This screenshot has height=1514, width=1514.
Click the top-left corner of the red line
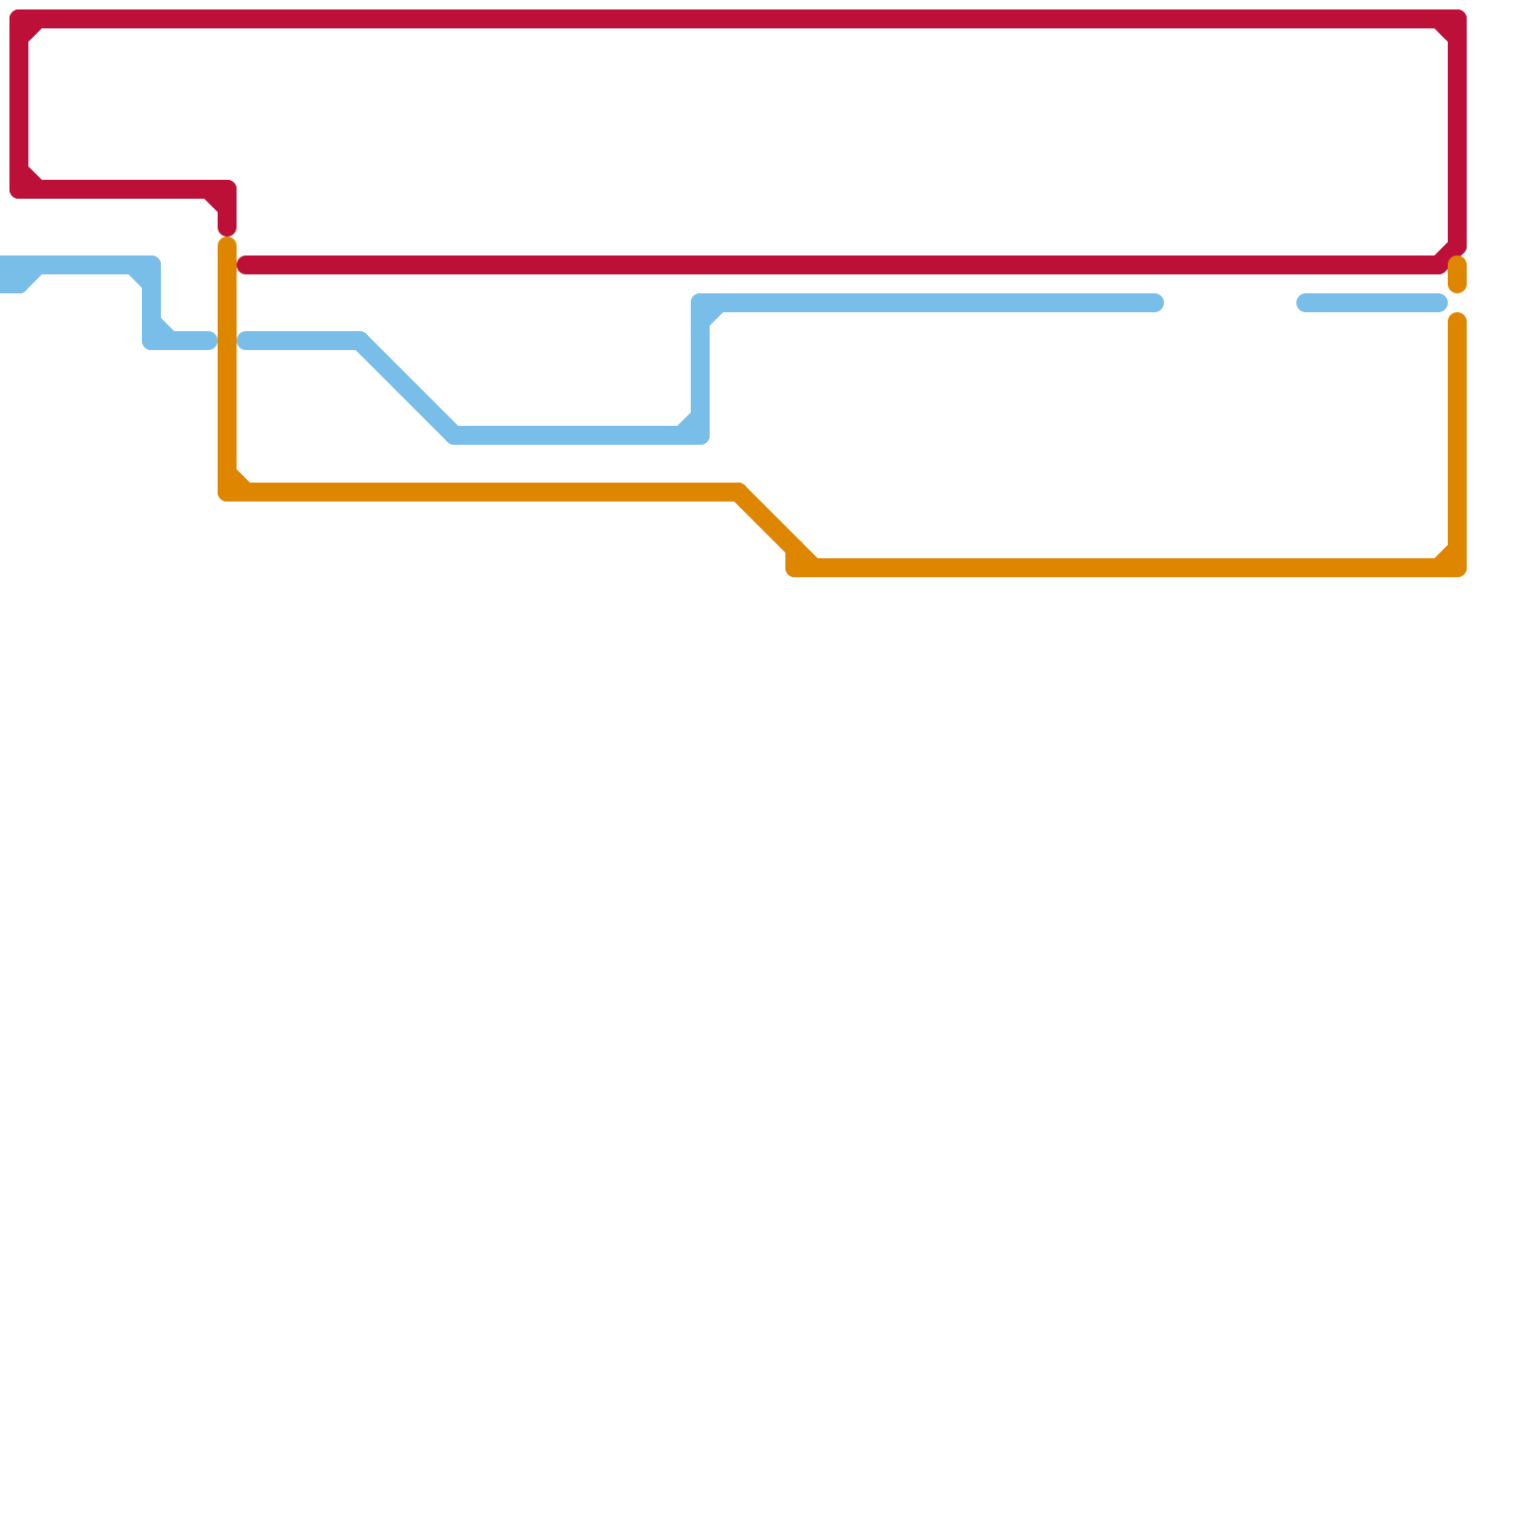click(19, 19)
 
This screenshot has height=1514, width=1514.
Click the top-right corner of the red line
click(1457, 19)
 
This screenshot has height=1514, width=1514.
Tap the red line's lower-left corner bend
click(19, 189)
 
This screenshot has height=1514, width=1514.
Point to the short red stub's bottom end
click(227, 228)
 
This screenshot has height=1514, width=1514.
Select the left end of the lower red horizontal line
click(245, 265)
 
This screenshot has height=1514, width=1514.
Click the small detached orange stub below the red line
click(1457, 274)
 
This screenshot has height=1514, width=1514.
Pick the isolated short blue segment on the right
click(1372, 303)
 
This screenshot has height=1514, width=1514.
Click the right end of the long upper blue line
click(1155, 303)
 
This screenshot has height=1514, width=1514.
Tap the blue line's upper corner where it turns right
click(701, 304)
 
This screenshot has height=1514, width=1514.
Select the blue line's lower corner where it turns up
click(700, 434)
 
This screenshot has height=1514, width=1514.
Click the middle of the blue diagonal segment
click(407, 388)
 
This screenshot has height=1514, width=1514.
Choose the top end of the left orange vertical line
click(227, 245)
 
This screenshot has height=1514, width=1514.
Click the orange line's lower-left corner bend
click(227, 492)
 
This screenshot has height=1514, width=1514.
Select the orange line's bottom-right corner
click(1457, 568)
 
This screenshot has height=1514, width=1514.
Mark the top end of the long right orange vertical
click(1457, 321)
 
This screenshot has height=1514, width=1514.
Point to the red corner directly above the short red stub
click(227, 189)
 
